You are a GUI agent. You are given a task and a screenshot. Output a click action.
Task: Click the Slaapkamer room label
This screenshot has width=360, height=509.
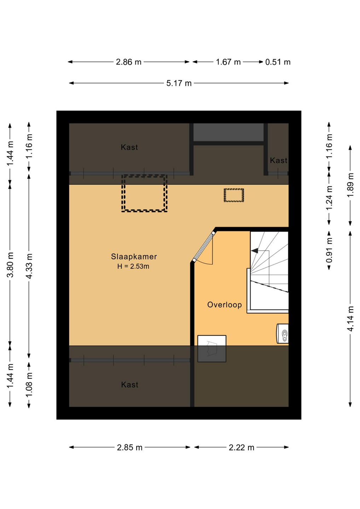(134, 257)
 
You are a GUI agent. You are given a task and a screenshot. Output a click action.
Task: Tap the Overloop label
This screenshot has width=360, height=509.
(224, 305)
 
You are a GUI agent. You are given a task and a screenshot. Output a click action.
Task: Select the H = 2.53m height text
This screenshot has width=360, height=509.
(133, 266)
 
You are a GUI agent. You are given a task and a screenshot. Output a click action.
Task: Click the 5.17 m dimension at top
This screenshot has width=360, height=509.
(179, 83)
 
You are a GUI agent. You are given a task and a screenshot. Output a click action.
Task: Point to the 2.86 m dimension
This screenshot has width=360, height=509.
(129, 62)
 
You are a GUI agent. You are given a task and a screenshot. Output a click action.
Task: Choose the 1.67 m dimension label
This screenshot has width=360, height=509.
(228, 62)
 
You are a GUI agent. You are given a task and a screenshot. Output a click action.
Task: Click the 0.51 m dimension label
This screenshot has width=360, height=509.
(278, 62)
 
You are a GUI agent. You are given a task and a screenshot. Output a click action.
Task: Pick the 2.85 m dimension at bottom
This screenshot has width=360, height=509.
(129, 447)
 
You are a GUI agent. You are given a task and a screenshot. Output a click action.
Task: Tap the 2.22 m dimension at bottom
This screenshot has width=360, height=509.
(242, 447)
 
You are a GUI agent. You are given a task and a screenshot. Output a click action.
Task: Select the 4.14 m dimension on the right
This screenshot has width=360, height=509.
(351, 318)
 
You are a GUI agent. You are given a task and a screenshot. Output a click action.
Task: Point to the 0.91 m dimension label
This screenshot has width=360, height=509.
(329, 250)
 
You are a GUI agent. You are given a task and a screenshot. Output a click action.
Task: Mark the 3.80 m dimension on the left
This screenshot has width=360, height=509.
(10, 265)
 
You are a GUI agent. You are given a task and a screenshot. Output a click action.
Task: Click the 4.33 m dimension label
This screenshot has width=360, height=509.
(29, 266)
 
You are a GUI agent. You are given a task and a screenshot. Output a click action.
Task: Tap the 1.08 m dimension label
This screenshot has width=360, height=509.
(29, 385)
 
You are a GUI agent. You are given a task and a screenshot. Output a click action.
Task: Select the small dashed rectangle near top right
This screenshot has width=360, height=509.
(234, 189)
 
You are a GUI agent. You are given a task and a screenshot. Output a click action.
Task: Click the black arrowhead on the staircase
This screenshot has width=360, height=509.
(255, 251)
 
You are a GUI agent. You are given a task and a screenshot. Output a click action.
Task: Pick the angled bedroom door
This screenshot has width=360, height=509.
(204, 247)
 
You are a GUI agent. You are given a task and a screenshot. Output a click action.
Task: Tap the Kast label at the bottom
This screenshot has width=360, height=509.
(129, 385)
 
